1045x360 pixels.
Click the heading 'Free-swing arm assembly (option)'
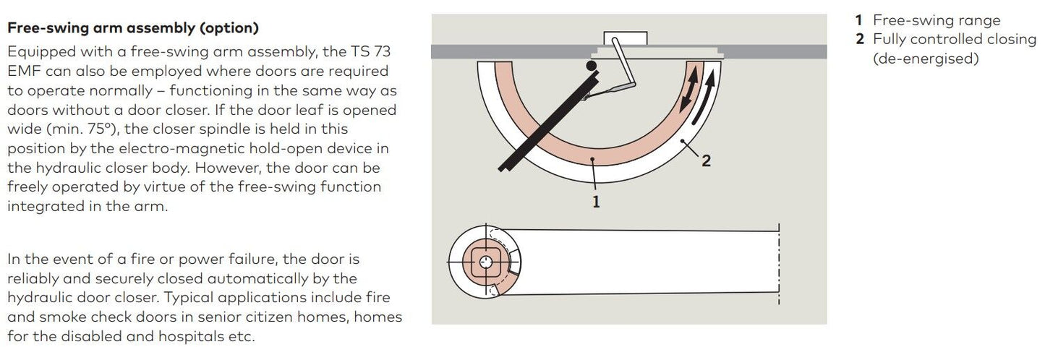[133, 28]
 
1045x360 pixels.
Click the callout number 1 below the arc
[596, 202]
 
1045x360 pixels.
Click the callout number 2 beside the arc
[707, 161]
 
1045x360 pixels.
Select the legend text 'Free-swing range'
[937, 20]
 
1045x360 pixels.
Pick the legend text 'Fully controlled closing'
[955, 39]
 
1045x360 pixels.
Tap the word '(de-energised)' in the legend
[926, 59]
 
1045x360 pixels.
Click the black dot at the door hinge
[592, 66]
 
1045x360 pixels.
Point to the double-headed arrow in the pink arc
[689, 90]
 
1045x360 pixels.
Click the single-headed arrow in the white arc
[703, 98]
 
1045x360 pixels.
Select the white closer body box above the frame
[625, 38]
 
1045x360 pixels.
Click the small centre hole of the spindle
[486, 262]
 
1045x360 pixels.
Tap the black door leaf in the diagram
[549, 124]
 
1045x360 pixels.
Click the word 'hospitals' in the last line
[194, 337]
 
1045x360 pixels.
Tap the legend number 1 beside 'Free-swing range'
[858, 20]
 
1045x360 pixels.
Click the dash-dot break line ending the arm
[779, 264]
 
